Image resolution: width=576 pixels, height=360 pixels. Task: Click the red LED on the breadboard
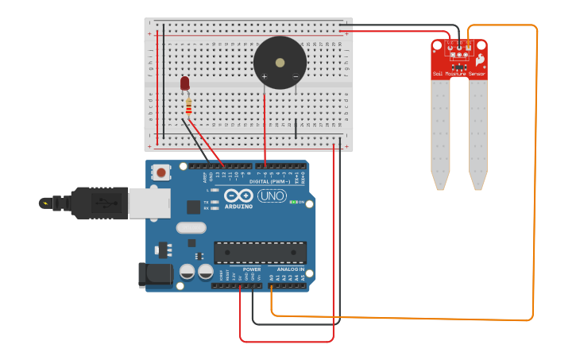click(x=185, y=83)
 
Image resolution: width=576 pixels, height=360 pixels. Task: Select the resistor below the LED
click(x=188, y=105)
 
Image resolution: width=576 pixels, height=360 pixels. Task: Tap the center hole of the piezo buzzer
click(x=280, y=62)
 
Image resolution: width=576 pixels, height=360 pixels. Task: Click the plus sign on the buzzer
click(x=265, y=76)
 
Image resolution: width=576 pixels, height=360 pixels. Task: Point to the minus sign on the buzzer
click(x=296, y=76)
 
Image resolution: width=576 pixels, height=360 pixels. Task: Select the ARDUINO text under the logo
click(x=239, y=207)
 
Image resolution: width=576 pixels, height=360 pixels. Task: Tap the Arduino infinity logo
click(x=238, y=195)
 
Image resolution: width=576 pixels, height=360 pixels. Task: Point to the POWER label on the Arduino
click(x=252, y=269)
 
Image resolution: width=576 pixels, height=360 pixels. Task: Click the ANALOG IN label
click(x=290, y=269)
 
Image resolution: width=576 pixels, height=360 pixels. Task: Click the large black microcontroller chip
click(x=260, y=252)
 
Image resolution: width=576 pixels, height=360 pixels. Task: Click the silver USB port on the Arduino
click(x=149, y=203)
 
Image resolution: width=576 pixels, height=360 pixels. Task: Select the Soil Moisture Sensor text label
click(x=459, y=74)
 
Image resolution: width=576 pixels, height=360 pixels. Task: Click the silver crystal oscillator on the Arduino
click(x=191, y=228)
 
